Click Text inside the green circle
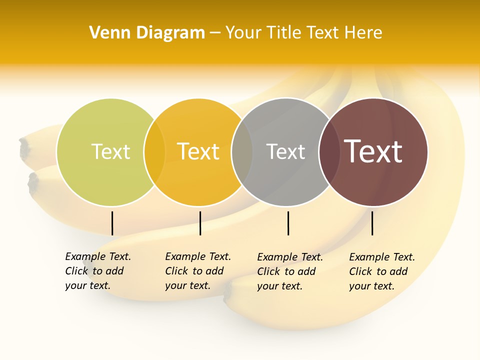point(110,151)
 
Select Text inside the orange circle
point(198,151)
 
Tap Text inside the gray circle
point(285,151)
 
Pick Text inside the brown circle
point(373,151)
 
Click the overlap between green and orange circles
point(154,152)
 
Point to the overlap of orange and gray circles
point(242,152)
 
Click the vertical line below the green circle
point(112,223)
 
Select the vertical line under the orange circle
point(200,223)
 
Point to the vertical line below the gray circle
point(288,223)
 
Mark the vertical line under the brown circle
point(372,223)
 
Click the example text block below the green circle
point(97,271)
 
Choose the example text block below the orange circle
point(197,271)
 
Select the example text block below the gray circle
point(289,271)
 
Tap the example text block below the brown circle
point(381,271)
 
